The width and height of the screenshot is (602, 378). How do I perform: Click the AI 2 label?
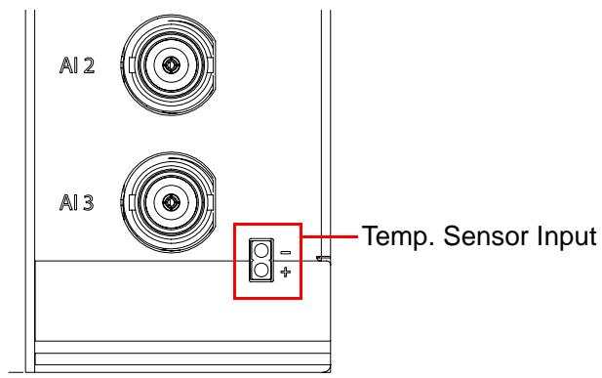pos(77,65)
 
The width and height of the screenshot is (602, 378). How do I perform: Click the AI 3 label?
pos(77,202)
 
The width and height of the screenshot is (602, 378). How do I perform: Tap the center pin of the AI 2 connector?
pos(169,65)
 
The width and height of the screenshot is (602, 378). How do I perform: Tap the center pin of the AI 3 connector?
pos(169,202)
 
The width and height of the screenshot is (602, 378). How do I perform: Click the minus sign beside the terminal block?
pos(286,253)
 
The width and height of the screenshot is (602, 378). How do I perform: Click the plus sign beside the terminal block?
pos(286,273)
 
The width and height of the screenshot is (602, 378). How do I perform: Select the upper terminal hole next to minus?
pos(261,251)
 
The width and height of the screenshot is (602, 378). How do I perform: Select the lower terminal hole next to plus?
pos(261,270)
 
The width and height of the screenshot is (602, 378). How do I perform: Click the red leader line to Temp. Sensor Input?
pos(330,236)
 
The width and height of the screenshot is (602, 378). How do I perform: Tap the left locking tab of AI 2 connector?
pos(132,65)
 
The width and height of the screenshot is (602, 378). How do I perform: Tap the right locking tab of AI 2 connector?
pos(210,65)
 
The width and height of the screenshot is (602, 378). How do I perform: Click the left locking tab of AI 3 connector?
pos(132,202)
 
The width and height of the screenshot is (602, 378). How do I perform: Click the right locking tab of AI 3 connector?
pos(210,202)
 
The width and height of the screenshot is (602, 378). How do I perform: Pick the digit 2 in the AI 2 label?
pos(89,65)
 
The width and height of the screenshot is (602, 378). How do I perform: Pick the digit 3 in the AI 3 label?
pos(89,202)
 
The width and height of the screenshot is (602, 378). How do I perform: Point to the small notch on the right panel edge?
pos(320,258)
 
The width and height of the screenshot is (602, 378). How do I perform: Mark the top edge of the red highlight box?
pos(268,225)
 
